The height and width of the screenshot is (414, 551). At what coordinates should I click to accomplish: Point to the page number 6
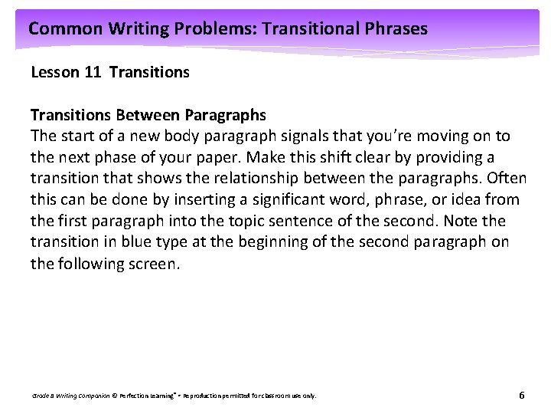click(x=521, y=396)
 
